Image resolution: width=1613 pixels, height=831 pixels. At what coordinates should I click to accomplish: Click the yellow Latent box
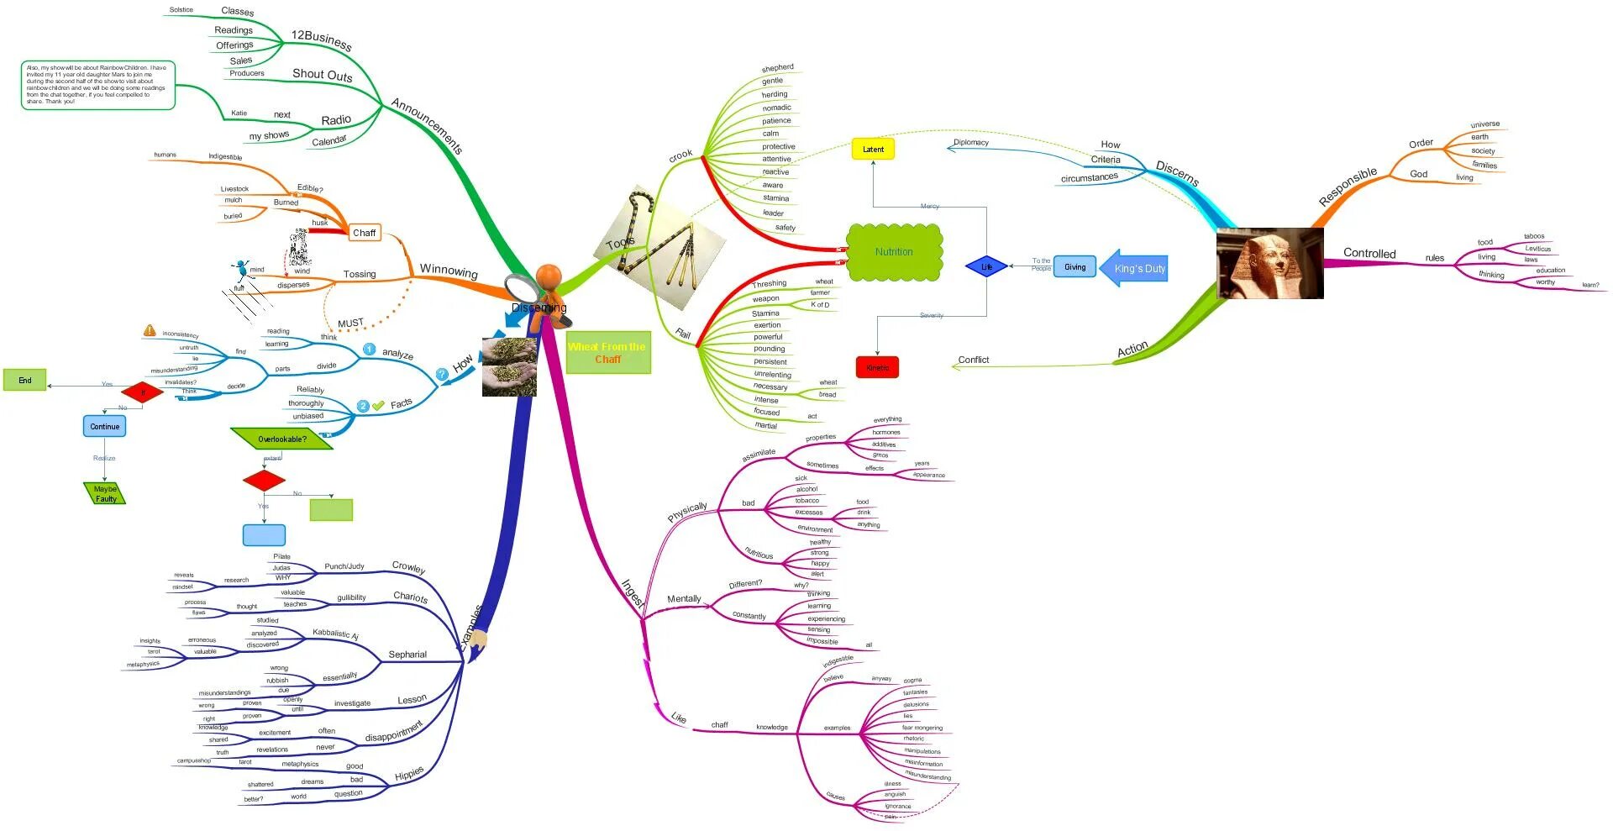pyautogui.click(x=873, y=150)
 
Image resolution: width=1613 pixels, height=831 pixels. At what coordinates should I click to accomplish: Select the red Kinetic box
pyautogui.click(x=877, y=367)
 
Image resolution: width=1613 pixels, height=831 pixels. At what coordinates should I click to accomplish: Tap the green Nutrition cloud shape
pyautogui.click(x=894, y=252)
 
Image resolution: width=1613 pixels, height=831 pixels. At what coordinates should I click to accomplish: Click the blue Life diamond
pyautogui.click(x=986, y=267)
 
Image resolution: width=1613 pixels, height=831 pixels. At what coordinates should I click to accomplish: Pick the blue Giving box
pyautogui.click(x=1074, y=267)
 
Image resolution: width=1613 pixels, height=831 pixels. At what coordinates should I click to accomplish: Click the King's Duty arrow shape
pyautogui.click(x=1134, y=269)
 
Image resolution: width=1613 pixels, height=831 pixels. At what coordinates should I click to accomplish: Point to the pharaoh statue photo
pyautogui.click(x=1269, y=263)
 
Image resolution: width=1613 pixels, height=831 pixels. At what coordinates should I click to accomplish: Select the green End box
pyautogui.click(x=25, y=380)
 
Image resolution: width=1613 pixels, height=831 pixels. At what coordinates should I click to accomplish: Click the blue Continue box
pyautogui.click(x=105, y=426)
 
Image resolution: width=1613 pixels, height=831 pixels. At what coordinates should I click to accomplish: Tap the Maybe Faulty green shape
pyautogui.click(x=106, y=494)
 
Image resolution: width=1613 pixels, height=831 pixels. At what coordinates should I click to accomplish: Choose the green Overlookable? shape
pyautogui.click(x=282, y=439)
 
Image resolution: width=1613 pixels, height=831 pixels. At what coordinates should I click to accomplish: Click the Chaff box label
pyautogui.click(x=365, y=233)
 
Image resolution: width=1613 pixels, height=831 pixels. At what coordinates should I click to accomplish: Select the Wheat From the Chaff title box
pyautogui.click(x=607, y=353)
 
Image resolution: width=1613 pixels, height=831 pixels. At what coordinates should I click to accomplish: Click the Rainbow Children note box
pyautogui.click(x=97, y=85)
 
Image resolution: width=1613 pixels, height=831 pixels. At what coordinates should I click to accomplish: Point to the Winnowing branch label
pyautogui.click(x=449, y=271)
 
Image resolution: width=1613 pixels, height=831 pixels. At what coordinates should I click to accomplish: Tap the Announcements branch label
pyautogui.click(x=427, y=126)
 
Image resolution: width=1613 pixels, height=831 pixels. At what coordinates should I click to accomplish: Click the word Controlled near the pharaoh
pyautogui.click(x=1369, y=253)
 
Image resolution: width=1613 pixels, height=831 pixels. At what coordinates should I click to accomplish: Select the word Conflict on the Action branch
pyautogui.click(x=974, y=360)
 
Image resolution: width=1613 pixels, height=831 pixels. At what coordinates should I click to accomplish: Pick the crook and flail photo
pyautogui.click(x=668, y=248)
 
